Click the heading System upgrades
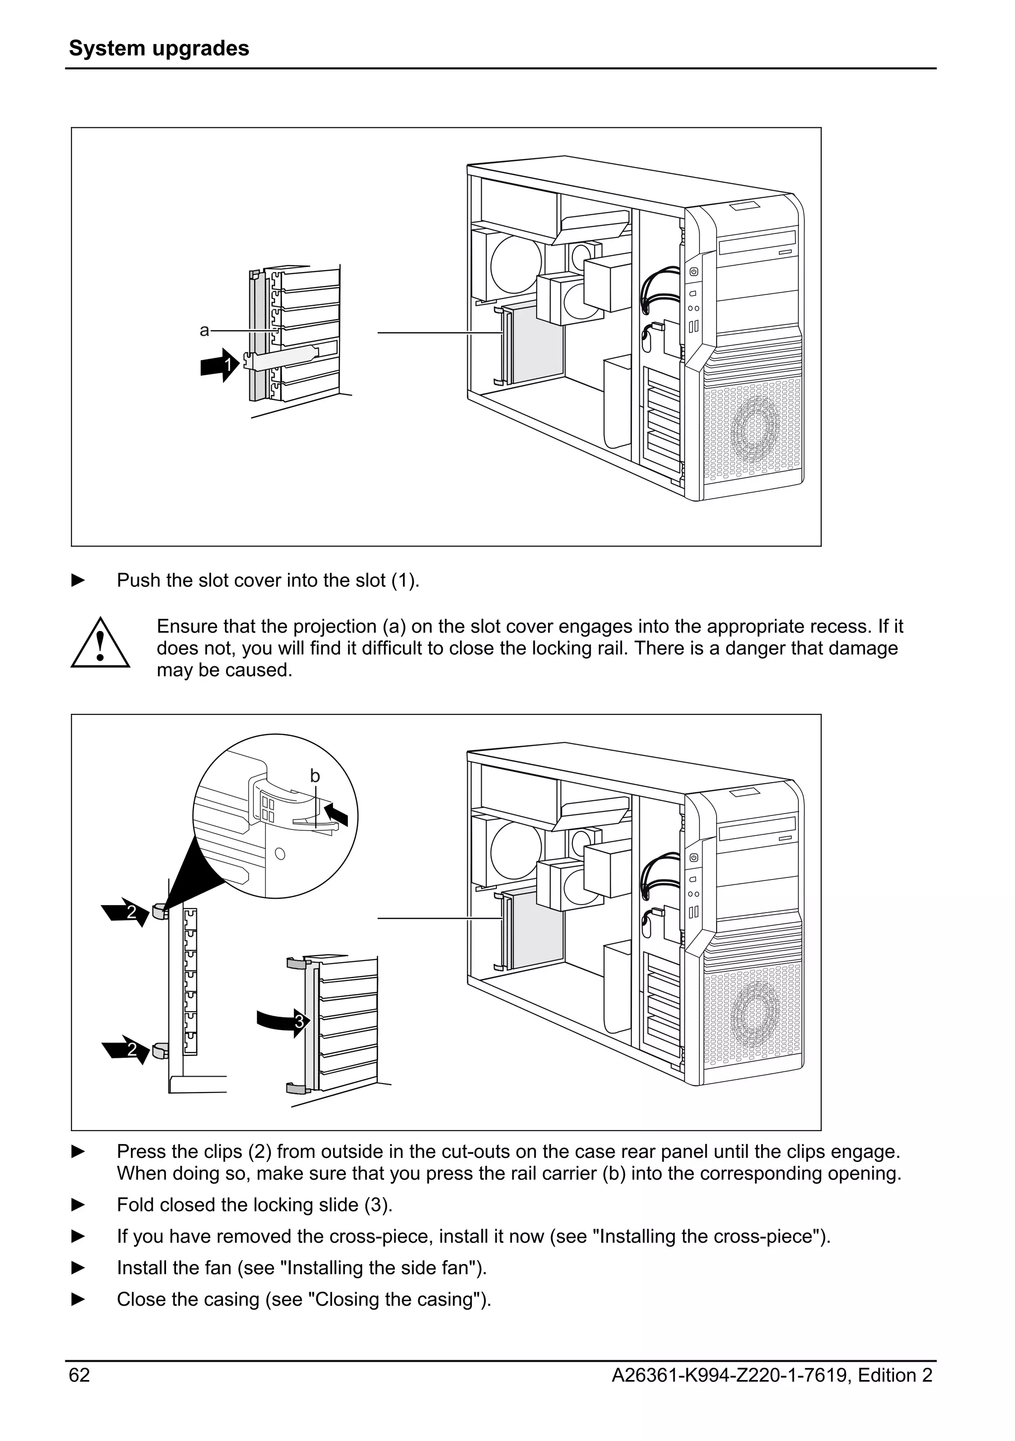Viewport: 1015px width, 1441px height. [x=159, y=48]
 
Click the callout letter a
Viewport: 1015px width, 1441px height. [x=204, y=331]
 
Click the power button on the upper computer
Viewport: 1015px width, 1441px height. [x=694, y=272]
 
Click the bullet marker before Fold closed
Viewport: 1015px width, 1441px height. [x=78, y=1205]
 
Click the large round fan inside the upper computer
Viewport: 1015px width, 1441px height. [x=515, y=264]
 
